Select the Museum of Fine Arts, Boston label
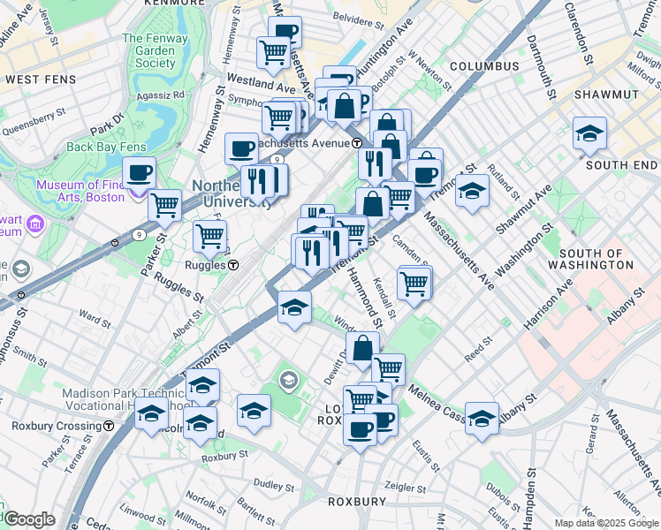(x=80, y=191)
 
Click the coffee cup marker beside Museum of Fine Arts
(x=139, y=172)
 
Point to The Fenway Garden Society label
(x=149, y=50)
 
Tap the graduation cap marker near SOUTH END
(x=589, y=133)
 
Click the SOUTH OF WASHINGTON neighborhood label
(x=609, y=259)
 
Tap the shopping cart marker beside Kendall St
(x=414, y=283)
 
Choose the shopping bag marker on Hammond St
(x=362, y=349)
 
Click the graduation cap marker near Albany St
(x=482, y=417)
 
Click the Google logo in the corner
(x=29, y=519)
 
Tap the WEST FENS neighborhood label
(x=38, y=79)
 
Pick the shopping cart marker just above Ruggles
(x=209, y=236)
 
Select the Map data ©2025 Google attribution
(x=606, y=523)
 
